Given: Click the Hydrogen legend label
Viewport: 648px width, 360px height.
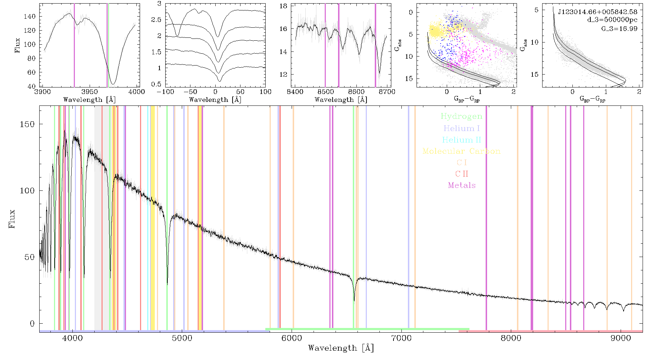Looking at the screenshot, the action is click(462, 117).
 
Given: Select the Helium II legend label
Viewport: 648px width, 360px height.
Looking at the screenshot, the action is click(462, 140).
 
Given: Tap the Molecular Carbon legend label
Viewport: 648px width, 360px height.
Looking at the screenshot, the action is click(462, 151).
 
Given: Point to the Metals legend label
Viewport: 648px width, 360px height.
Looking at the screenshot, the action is click(462, 185).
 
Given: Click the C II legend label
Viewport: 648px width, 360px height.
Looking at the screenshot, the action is click(462, 174).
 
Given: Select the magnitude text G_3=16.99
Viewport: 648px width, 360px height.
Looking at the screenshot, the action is click(620, 28).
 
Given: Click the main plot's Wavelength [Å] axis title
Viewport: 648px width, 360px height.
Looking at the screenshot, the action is click(341, 348).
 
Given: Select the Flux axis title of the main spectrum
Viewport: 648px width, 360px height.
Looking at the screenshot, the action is click(12, 219).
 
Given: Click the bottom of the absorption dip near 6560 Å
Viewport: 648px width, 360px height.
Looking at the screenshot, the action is click(354, 301).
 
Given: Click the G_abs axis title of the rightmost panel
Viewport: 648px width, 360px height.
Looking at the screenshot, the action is click(525, 45).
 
